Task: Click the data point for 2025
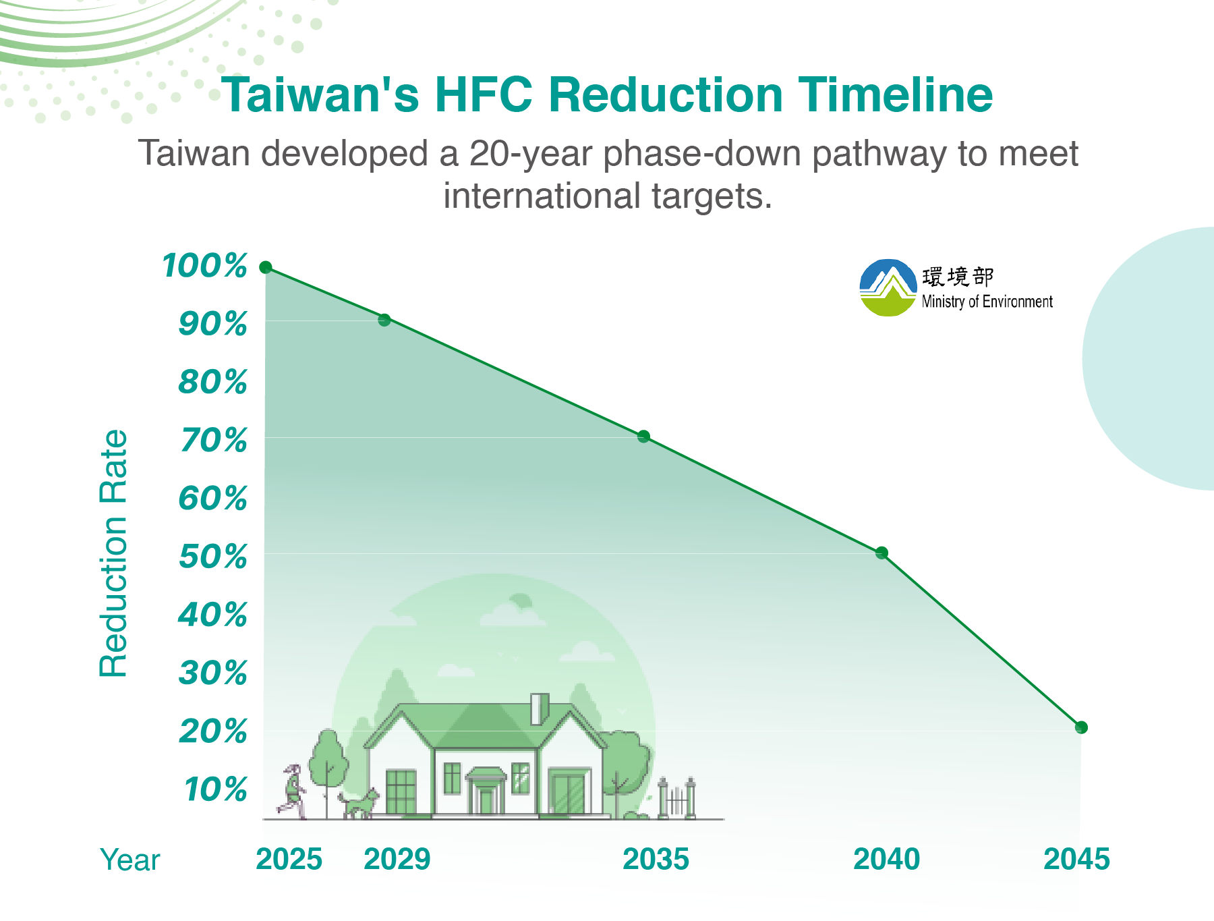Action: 266,267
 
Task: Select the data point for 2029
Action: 384,320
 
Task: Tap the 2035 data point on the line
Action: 643,437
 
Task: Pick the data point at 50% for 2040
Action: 881,553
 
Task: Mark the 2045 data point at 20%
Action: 1081,727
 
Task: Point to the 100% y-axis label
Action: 205,266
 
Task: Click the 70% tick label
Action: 213,441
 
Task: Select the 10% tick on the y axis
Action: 216,790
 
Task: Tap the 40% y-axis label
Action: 213,615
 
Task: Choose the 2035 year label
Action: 656,860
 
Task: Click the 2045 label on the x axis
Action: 1077,860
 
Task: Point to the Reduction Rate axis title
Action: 113,553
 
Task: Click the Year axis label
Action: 130,860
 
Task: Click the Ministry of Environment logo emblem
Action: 888,288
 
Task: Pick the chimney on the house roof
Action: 540,709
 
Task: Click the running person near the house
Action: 292,792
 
